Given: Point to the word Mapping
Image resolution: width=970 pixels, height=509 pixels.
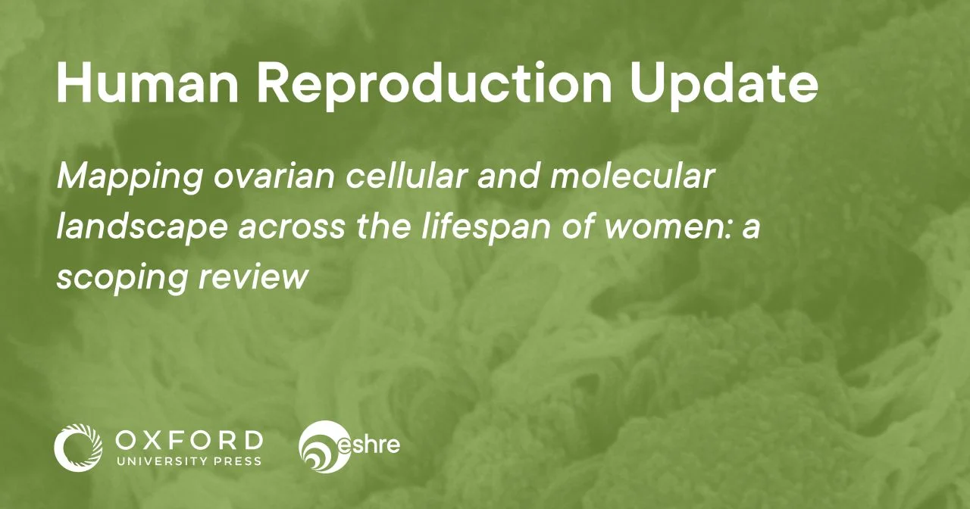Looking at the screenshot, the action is (x=130, y=178).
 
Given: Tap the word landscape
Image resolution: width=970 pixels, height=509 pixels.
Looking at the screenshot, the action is (x=142, y=227).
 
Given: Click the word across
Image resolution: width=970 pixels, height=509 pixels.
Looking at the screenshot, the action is (x=291, y=230).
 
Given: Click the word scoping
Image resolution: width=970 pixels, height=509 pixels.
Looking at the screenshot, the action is (x=122, y=278).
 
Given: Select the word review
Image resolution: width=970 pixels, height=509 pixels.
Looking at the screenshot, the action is (x=253, y=277).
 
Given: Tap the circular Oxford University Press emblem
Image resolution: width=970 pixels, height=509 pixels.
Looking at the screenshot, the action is (x=78, y=448).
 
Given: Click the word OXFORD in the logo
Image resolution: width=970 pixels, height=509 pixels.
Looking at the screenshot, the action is (x=189, y=441).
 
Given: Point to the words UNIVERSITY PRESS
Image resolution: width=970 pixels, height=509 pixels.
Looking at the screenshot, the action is (x=189, y=461).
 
